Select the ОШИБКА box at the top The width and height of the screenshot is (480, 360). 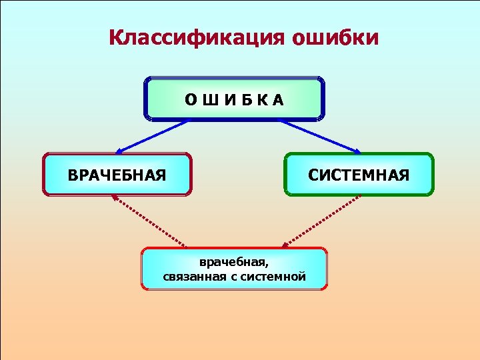point(234,99)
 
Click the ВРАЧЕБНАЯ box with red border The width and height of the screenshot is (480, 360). point(117,175)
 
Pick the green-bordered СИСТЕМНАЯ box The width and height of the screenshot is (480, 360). point(359,175)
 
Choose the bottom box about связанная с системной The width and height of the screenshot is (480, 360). point(234,269)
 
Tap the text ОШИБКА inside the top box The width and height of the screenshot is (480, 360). point(234,100)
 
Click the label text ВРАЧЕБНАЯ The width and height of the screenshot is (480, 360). point(117,175)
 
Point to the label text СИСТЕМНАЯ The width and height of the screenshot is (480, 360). point(359,175)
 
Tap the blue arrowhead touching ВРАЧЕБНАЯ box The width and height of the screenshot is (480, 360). point(118,152)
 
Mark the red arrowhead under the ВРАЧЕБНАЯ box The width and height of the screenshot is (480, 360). point(114,198)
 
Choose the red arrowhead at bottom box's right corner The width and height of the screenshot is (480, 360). point(285,245)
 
